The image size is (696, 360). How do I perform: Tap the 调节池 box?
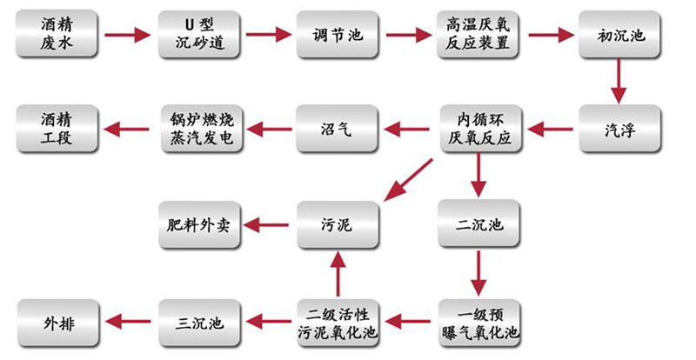337,35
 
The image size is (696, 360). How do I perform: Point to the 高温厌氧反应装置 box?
478,35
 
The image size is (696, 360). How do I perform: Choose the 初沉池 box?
619,35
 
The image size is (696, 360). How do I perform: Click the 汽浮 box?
619,130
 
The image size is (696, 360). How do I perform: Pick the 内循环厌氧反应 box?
478,130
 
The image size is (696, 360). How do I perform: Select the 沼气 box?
337,130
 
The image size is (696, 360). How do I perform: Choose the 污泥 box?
337,225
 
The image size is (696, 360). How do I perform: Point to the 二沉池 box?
478,225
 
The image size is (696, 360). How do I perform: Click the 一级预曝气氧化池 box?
478,323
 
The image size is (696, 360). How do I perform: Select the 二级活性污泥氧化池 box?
337,323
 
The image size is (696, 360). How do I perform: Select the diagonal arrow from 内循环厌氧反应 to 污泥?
407,178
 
